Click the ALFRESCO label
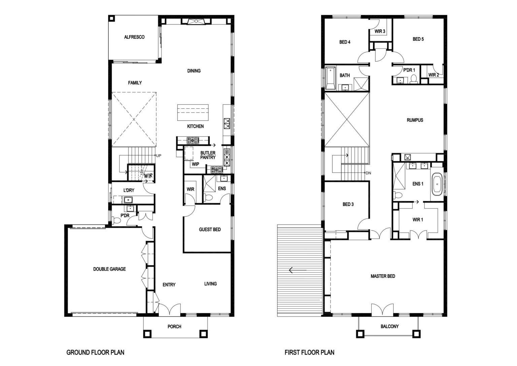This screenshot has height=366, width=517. (x=134, y=37)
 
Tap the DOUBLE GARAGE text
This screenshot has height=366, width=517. (x=109, y=269)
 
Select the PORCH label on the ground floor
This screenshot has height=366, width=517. (x=174, y=327)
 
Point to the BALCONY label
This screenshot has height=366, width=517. (x=389, y=326)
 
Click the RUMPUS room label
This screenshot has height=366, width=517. (x=415, y=120)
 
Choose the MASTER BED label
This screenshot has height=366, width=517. (x=383, y=276)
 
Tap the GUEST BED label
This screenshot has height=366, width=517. (x=210, y=230)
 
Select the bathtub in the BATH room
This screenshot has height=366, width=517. (x=331, y=78)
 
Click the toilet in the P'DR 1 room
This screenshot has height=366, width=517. (x=414, y=79)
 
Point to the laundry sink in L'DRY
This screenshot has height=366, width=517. (x=128, y=200)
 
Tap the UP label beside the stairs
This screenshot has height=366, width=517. (x=159, y=156)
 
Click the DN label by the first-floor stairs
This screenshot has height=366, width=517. (x=368, y=173)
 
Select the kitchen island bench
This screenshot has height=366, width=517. (x=193, y=112)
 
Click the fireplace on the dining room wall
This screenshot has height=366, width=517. (x=196, y=22)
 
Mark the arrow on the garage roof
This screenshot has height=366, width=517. (x=298, y=270)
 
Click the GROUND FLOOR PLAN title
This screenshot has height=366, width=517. (x=95, y=353)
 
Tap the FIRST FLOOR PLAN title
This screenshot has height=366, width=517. (x=309, y=353)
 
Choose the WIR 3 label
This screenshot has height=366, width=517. (x=380, y=31)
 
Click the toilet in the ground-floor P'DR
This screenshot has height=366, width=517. (x=116, y=220)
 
